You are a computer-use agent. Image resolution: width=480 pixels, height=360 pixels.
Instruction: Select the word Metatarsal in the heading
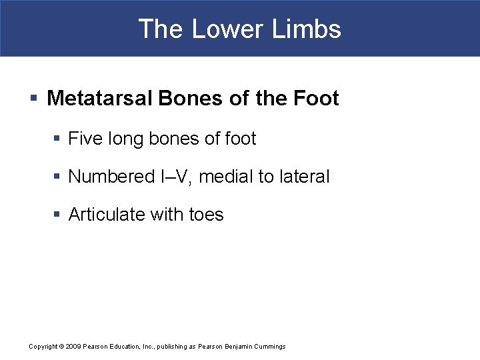[x=101, y=99]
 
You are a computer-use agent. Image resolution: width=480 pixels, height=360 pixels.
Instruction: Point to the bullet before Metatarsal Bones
[x=33, y=99]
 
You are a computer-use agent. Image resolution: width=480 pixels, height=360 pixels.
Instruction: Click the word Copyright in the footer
[x=43, y=347]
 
